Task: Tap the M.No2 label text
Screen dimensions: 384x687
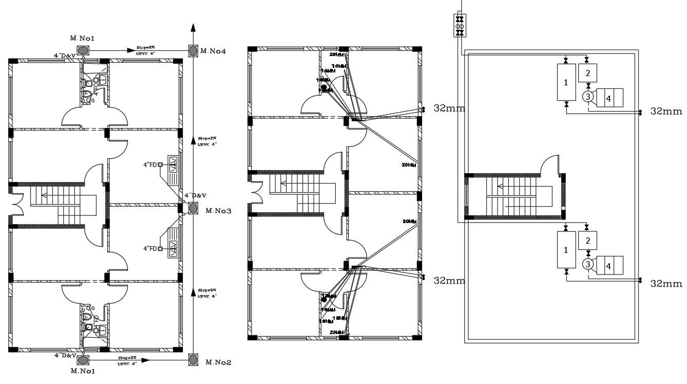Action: pyautogui.click(x=218, y=362)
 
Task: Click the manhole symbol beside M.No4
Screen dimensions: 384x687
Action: pyautogui.click(x=193, y=51)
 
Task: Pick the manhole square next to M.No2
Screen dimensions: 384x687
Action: pyautogui.click(x=193, y=359)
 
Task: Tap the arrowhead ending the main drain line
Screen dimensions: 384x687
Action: pyautogui.click(x=193, y=28)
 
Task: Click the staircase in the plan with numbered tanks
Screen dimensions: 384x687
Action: pyautogui.click(x=513, y=197)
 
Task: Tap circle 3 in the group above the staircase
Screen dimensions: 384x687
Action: pyautogui.click(x=588, y=96)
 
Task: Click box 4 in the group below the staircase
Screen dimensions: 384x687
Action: pyautogui.click(x=609, y=266)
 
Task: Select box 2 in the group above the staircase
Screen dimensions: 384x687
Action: pyautogui.click(x=588, y=72)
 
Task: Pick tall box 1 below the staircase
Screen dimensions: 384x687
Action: pyautogui.click(x=566, y=250)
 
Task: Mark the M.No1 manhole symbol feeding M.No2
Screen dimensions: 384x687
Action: pyautogui.click(x=84, y=359)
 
